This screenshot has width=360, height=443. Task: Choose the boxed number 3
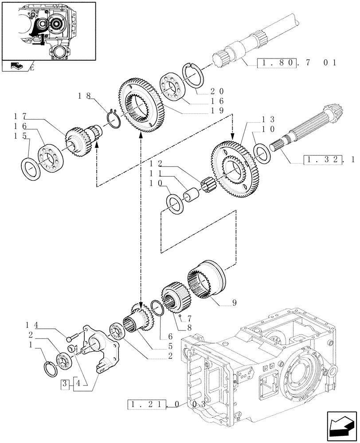[65, 383]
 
